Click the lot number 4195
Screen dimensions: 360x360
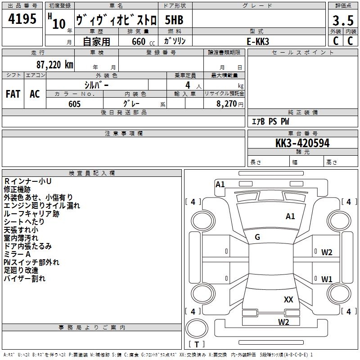22,19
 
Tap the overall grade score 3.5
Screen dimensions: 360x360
342,21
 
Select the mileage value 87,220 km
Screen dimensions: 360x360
54,64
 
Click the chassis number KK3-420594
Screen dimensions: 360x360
302,143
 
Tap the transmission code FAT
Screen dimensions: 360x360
13,94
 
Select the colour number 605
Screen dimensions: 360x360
74,104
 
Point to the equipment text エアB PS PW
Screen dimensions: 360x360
270,121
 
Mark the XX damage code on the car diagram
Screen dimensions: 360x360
288,299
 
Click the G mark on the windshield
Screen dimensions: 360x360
257,237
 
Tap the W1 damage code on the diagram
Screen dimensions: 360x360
327,279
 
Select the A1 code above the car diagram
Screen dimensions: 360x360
220,184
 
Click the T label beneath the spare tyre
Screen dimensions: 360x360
197,344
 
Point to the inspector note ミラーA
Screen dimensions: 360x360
18,254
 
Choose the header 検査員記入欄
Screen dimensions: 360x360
92,173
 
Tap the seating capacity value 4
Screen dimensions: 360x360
187,85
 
